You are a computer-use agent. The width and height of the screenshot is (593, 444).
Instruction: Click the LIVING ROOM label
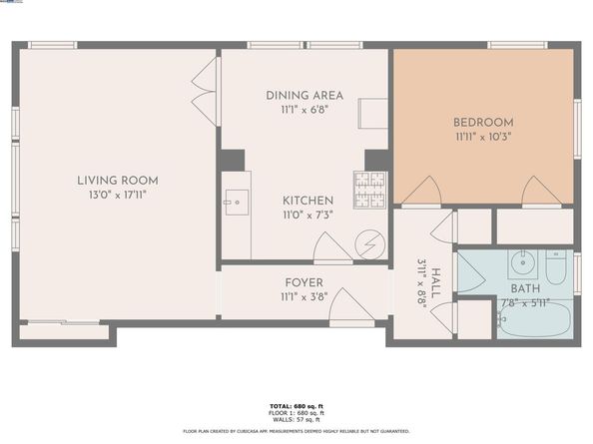pyautogui.click(x=118, y=181)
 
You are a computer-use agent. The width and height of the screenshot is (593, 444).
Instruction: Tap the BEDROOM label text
pyautogui.click(x=483, y=122)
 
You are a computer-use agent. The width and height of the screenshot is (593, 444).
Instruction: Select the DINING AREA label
pyautogui.click(x=303, y=96)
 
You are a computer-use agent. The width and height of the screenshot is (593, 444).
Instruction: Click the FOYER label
pyautogui.click(x=303, y=282)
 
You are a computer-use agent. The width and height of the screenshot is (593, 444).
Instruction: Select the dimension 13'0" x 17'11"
pyautogui.click(x=118, y=196)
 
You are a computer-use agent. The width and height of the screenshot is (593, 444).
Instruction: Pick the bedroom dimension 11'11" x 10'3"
pyautogui.click(x=483, y=137)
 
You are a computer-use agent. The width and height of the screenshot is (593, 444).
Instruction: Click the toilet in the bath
pyautogui.click(x=556, y=267)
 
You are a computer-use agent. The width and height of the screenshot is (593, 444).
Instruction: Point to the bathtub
pyautogui.click(x=534, y=320)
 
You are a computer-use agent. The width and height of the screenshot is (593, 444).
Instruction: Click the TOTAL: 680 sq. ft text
pyautogui.click(x=296, y=406)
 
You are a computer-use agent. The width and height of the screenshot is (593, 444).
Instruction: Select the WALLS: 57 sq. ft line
pyautogui.click(x=296, y=418)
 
